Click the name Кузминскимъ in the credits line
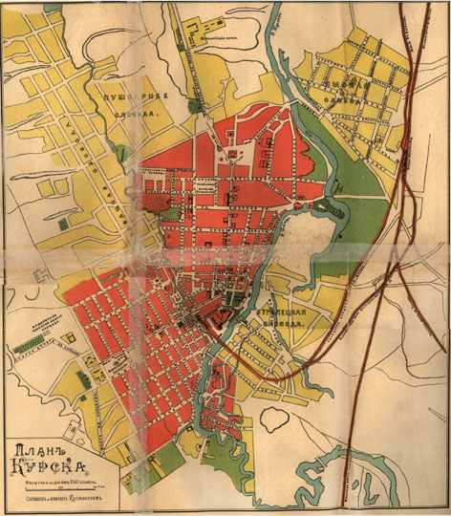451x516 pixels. (x=97, y=499)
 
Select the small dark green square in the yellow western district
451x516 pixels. (x=63, y=224)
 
